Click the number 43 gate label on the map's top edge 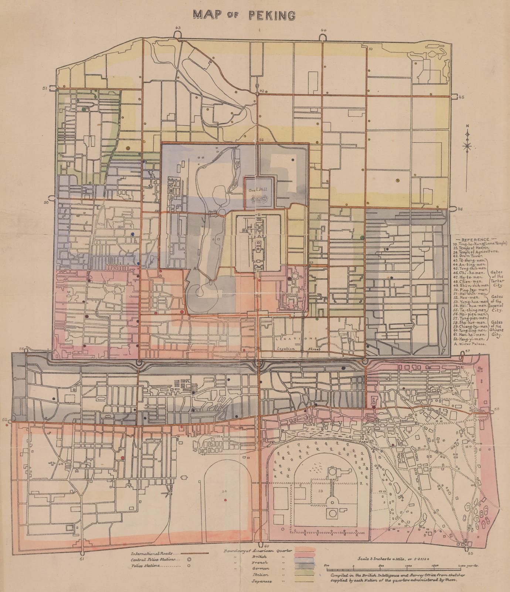click(178, 28)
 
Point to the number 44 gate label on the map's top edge click(324, 29)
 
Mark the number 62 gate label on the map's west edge click(4, 420)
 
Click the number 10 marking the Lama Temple click(370, 48)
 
